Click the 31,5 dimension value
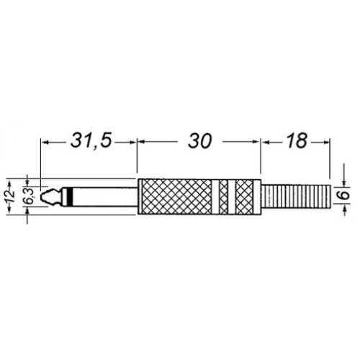(x=91, y=140)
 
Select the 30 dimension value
(x=199, y=141)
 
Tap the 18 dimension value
(x=297, y=140)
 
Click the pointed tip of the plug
(x=41, y=197)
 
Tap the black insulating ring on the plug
(x=70, y=197)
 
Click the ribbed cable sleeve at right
(x=297, y=197)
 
